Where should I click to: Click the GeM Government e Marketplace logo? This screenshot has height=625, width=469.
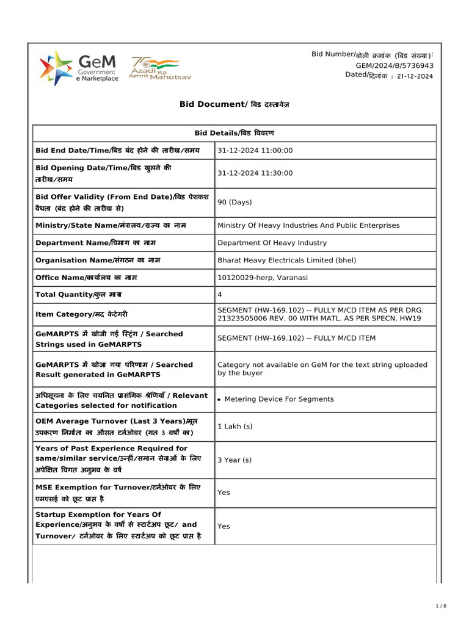pos(79,68)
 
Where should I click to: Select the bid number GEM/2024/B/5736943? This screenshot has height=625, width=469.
pos(394,65)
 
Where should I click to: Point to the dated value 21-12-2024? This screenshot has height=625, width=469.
pos(415,76)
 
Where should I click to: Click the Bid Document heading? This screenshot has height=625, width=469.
pos(234,104)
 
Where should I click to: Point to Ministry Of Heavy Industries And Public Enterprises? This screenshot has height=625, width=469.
pos(308,225)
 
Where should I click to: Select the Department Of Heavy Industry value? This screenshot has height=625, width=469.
pos(272,243)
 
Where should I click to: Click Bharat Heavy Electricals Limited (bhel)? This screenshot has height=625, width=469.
pos(286,260)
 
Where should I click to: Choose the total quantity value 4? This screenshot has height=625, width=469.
pos(220,295)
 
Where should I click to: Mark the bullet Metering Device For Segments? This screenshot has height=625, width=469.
pos(278,399)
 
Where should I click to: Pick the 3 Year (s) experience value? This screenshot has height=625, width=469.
pos(234,460)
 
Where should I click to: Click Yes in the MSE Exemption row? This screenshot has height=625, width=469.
pos(224,492)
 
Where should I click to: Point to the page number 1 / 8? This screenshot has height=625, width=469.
pos(442,605)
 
